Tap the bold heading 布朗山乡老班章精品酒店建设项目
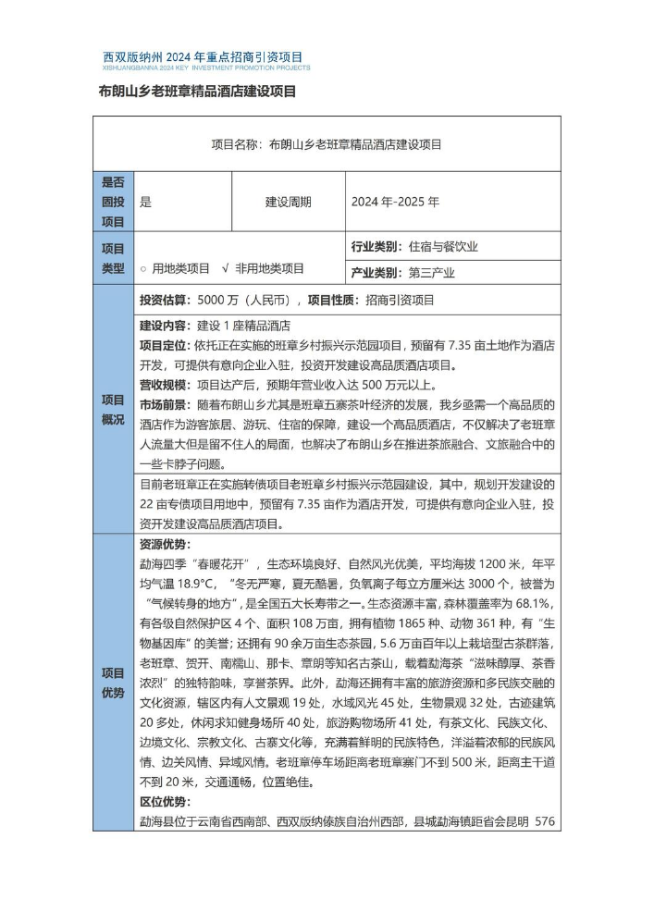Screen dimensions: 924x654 point(197,92)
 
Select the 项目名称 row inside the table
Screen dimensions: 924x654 point(327,144)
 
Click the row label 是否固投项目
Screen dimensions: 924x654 point(113,202)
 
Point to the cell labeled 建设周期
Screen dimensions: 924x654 point(288,202)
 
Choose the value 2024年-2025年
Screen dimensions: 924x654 point(395,202)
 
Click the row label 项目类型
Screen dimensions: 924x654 point(113,258)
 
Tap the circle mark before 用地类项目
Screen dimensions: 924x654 point(143,269)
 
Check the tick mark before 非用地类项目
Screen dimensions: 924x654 point(226,269)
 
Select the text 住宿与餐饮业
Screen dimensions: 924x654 point(443,247)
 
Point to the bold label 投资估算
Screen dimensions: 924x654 point(165,300)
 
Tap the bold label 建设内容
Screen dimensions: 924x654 point(165,326)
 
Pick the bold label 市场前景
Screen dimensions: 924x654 point(165,405)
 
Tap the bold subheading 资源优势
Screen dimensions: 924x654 point(165,544)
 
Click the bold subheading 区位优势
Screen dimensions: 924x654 point(165,801)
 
